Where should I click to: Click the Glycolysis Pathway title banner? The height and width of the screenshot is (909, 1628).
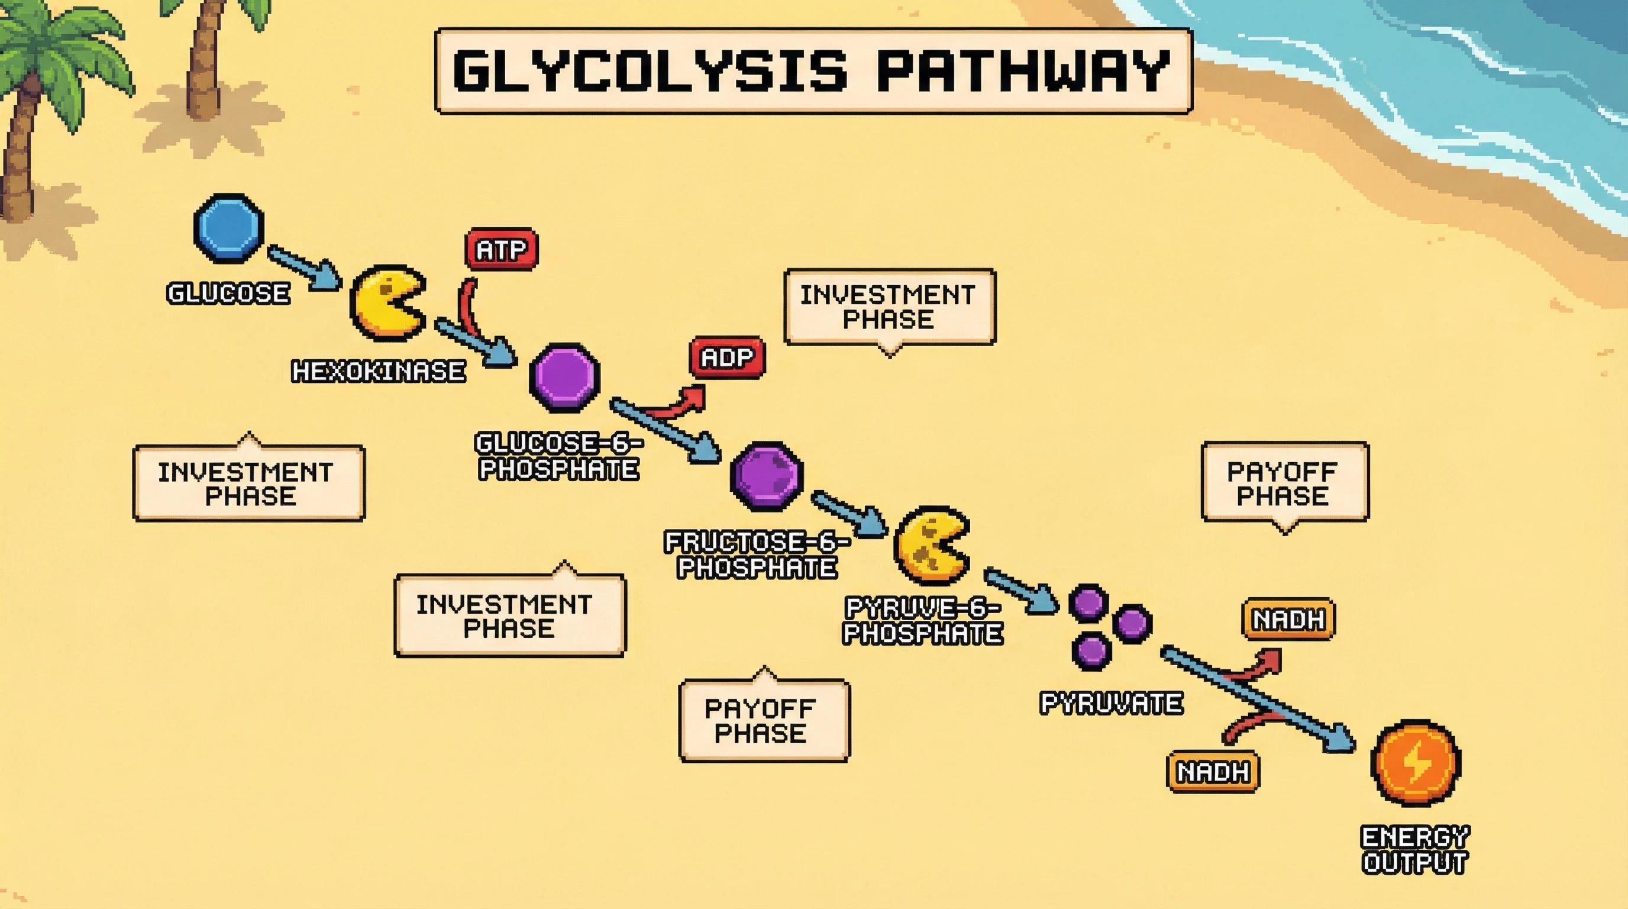813,71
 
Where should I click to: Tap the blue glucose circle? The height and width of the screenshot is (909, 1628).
228,228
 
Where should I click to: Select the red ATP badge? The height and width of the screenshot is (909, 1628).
501,250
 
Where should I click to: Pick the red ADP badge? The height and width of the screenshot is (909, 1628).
727,358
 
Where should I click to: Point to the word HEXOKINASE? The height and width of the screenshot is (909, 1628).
378,372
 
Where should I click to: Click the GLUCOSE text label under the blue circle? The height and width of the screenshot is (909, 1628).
228,294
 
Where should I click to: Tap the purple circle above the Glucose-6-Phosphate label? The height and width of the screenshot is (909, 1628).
564,378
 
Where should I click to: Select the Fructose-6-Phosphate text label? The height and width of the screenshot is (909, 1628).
757,555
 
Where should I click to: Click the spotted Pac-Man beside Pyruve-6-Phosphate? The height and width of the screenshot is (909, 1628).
931,545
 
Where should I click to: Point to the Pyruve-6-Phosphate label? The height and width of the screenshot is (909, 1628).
923,621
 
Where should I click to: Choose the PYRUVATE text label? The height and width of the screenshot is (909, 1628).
1111,703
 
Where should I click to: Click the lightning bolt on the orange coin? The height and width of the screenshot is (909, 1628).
1416,763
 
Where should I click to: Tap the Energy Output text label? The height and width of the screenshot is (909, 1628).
1415,850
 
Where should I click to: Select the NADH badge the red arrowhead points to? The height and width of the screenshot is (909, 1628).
1288,620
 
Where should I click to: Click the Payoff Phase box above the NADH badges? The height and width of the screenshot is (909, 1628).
1285,483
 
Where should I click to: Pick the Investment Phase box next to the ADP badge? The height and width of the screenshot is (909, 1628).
889,307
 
